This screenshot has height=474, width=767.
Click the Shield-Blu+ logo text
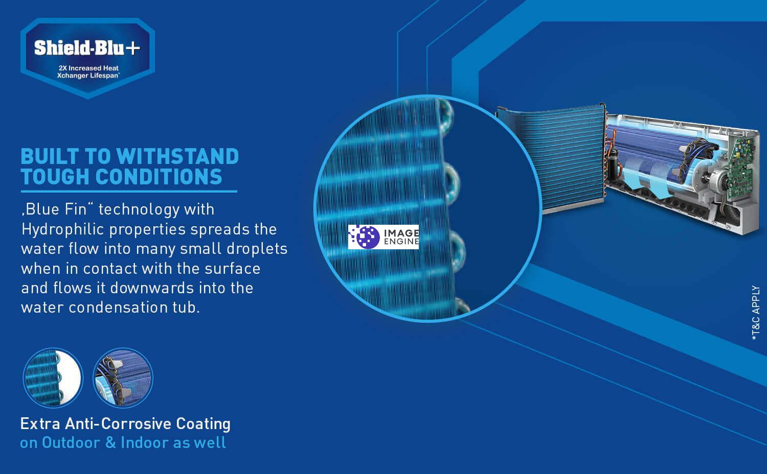tap(87, 48)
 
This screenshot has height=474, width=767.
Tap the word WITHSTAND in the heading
tap(177, 157)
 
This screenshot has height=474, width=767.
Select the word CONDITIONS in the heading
tap(159, 177)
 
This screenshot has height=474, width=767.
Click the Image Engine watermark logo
tap(383, 237)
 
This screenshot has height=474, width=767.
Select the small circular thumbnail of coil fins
tap(53, 378)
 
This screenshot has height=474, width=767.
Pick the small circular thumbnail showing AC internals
tap(123, 378)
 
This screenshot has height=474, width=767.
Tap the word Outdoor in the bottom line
tap(71, 443)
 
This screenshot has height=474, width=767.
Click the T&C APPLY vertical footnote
tap(756, 313)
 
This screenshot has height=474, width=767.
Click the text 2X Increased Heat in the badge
tap(88, 68)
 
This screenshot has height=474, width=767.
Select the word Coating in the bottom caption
tap(203, 424)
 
